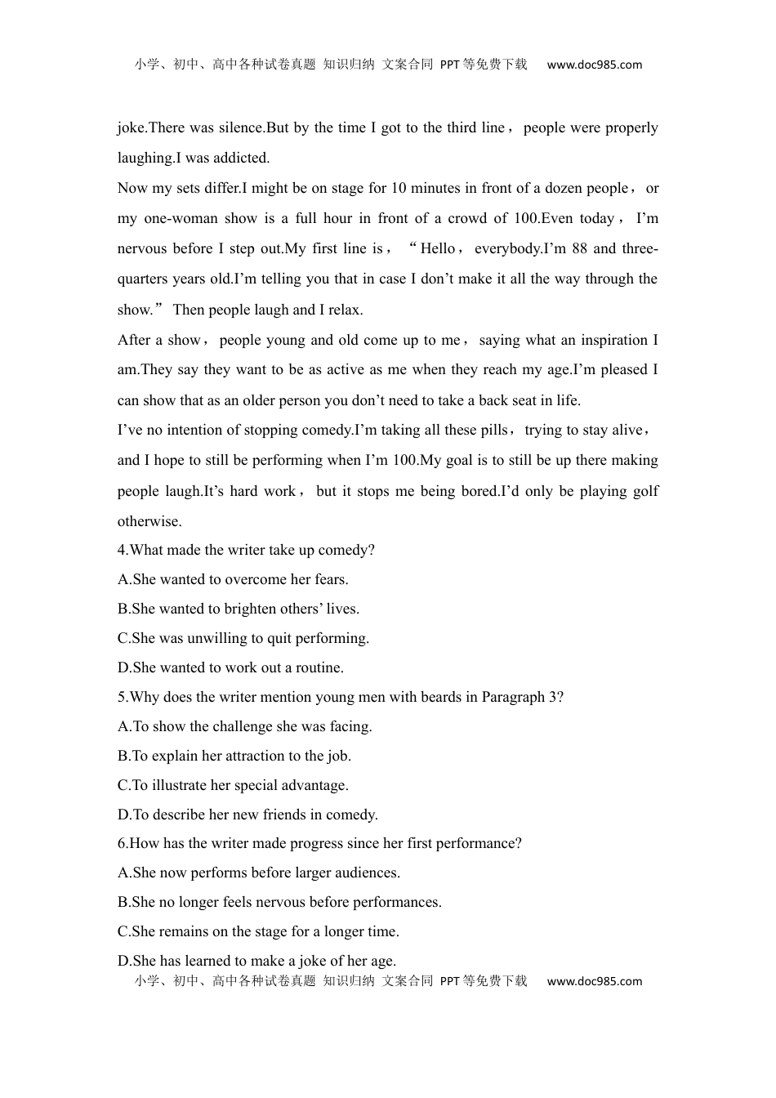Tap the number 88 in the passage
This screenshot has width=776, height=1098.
579,248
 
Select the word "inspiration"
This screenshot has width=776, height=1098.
605,340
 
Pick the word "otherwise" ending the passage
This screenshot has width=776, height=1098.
149,521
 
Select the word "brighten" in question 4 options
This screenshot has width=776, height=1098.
237,609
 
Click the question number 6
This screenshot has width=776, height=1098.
121,843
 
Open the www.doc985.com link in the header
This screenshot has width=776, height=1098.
594,65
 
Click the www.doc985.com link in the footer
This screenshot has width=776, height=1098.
594,981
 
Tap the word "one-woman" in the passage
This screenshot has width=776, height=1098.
179,218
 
